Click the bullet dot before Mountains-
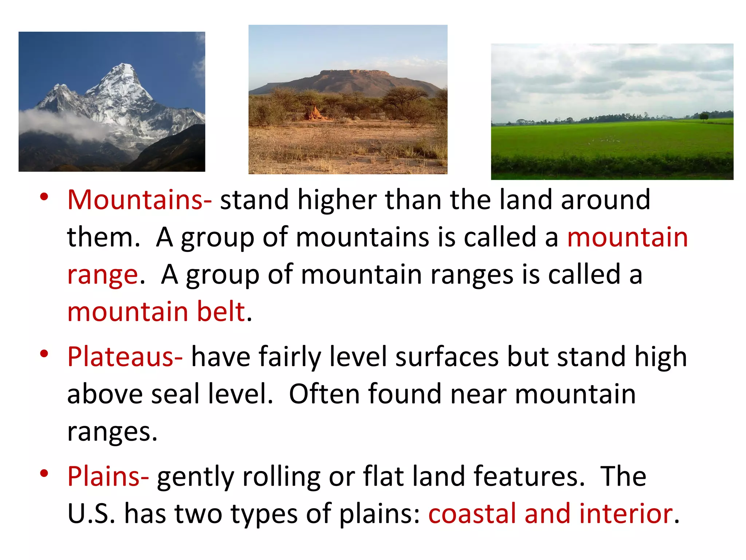44,197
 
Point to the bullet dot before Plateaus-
44,354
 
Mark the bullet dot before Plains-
44,473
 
